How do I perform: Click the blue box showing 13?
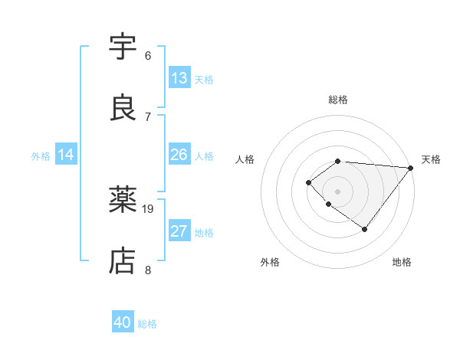(179, 78)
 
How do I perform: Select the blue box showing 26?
(179, 155)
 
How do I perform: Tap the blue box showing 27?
(179, 231)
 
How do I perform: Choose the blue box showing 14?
(66, 155)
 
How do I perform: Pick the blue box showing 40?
(123, 322)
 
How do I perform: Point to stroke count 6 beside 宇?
(148, 56)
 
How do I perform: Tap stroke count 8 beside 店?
(148, 270)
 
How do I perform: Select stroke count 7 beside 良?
(148, 116)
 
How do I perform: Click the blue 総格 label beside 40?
(147, 324)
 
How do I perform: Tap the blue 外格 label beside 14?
(41, 155)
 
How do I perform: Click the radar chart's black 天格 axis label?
(431, 159)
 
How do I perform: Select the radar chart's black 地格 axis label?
(402, 263)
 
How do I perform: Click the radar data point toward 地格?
(365, 229)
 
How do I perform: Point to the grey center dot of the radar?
(338, 191)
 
